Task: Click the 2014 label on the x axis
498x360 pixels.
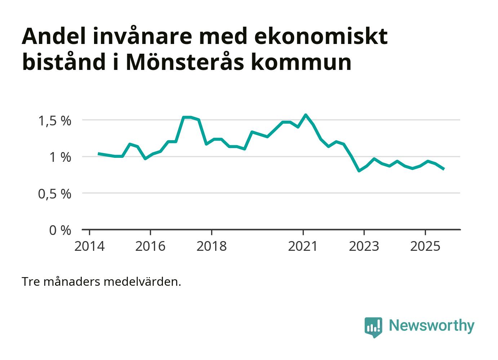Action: click(89, 246)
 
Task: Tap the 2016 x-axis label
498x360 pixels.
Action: click(150, 246)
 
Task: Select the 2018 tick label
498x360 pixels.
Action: click(212, 246)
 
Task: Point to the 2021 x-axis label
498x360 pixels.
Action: click(303, 246)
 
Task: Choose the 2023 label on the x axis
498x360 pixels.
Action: click(364, 246)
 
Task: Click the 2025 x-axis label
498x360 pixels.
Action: click(425, 246)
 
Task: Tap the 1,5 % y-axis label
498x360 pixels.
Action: click(55, 121)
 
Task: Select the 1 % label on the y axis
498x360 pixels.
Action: click(60, 157)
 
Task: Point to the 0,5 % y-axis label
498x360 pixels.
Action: click(55, 194)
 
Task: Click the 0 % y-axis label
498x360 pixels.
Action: click(60, 230)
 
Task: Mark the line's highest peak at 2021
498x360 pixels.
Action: click(306, 115)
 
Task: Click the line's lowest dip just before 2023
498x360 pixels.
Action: click(359, 170)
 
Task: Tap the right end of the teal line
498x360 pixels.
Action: click(444, 169)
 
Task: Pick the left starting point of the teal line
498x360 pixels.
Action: click(98, 154)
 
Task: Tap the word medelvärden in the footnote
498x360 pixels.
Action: click(142, 281)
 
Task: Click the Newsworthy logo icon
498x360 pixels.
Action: click(373, 327)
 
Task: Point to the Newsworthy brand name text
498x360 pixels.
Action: click(431, 325)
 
